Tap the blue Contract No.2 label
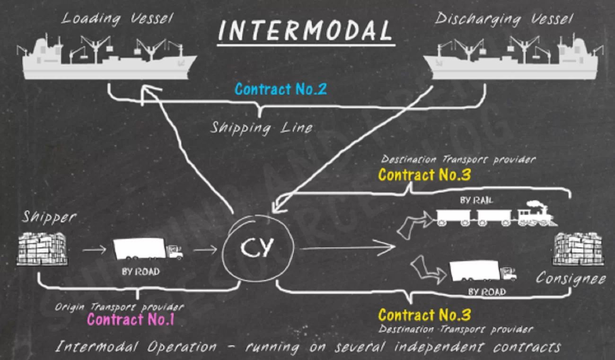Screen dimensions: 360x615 (x=281, y=89)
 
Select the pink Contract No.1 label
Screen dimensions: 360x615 (x=131, y=320)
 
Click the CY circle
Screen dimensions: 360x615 (x=259, y=248)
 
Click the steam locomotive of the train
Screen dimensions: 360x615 (x=535, y=215)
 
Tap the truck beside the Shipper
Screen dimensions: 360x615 (x=147, y=249)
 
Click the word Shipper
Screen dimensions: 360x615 (x=49, y=217)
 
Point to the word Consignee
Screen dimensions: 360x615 (x=571, y=279)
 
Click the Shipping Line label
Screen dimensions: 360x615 (x=261, y=128)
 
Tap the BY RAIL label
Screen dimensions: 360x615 (x=476, y=201)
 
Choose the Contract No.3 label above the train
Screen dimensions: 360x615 (x=424, y=175)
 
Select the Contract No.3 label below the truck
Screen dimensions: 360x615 (x=424, y=315)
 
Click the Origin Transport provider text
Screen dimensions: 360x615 (x=119, y=307)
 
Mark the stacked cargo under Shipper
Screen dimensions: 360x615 (x=42, y=248)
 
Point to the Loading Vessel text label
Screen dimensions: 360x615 (x=117, y=19)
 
